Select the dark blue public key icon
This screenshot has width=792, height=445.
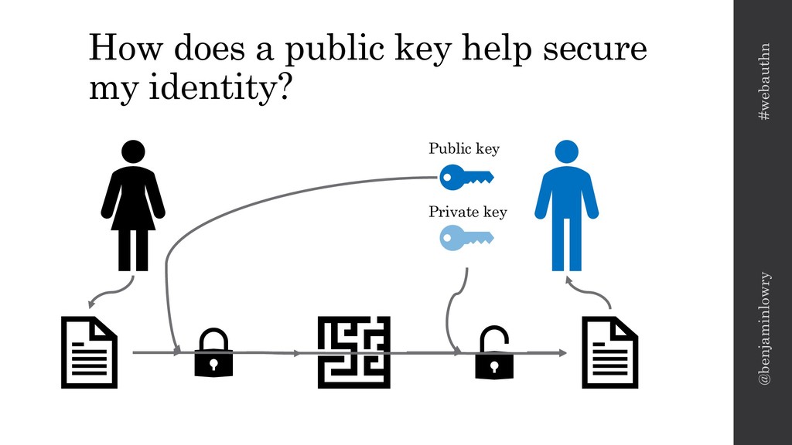(x=465, y=178)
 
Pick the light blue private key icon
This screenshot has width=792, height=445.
(x=465, y=239)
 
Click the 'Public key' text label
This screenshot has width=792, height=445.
(x=464, y=149)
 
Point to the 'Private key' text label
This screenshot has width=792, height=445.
(x=467, y=211)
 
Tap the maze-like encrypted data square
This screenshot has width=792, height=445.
(x=353, y=352)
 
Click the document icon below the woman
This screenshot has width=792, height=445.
(x=89, y=352)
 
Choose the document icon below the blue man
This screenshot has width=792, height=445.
(x=609, y=352)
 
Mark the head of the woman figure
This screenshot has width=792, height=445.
(x=133, y=151)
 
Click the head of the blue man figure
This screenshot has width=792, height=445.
(x=566, y=151)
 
